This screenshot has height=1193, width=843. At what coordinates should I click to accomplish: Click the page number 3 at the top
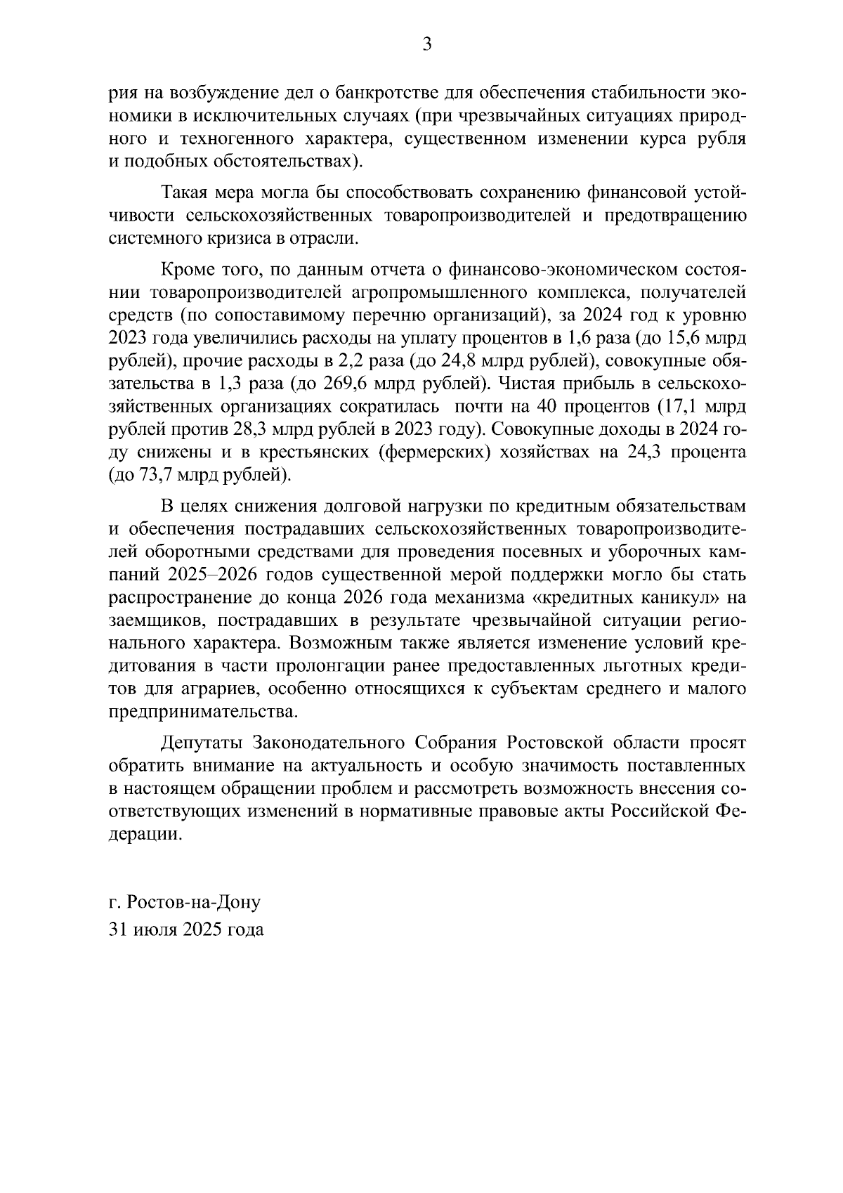pyautogui.click(x=426, y=46)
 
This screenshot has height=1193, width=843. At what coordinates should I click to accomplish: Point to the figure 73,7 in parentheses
pyautogui.click(x=154, y=476)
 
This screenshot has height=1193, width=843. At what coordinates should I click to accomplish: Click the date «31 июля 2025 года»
pyautogui.click(x=187, y=930)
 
